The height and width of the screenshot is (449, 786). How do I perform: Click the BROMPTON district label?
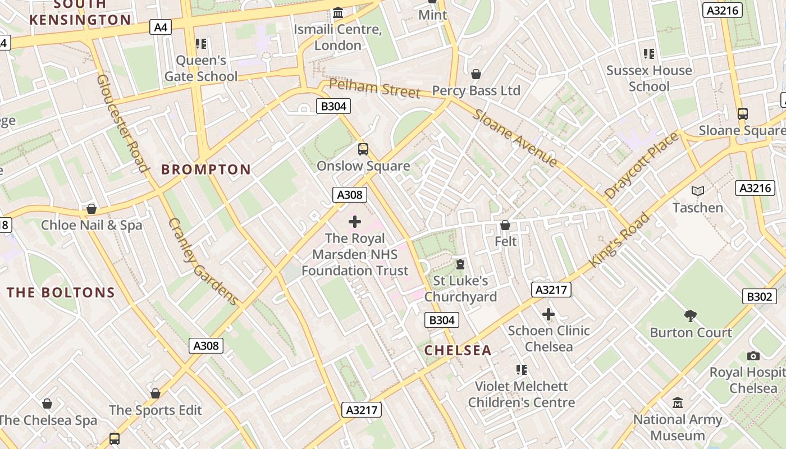coord(206,169)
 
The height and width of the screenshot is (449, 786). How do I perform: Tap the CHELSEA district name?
coord(458,350)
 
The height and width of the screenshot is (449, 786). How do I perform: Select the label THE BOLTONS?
coord(61,292)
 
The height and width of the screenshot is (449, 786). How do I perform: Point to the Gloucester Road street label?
coord(122,123)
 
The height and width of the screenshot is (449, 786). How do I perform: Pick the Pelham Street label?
coord(374,88)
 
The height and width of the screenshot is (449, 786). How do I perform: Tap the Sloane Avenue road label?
coord(516,138)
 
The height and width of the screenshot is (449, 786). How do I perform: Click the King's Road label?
coord(619,239)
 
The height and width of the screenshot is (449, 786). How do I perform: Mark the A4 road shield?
coord(160,27)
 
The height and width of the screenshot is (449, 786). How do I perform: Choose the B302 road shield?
coord(758,296)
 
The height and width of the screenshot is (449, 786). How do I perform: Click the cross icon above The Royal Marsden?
coord(355,222)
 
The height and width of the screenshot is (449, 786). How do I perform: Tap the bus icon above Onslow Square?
coord(363,149)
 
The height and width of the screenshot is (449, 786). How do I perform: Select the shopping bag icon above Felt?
coord(505,225)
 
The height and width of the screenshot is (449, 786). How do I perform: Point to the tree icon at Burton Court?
coord(691,315)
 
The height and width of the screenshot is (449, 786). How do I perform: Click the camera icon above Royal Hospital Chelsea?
coord(753,356)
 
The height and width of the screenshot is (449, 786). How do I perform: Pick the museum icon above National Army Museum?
coord(678,403)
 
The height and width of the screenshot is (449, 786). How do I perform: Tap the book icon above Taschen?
coord(698,191)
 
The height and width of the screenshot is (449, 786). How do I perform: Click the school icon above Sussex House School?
coord(649,54)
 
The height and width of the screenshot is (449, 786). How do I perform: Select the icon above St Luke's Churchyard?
coord(460,264)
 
